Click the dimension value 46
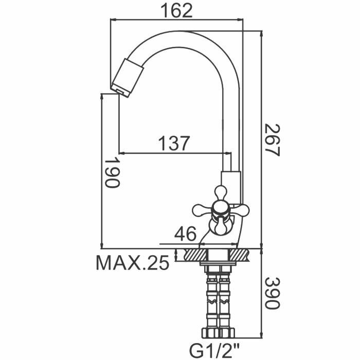pyautogui.click(x=185, y=235)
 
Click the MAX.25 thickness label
pyautogui.click(x=133, y=264)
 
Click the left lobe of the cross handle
pyautogui.click(x=201, y=209)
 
